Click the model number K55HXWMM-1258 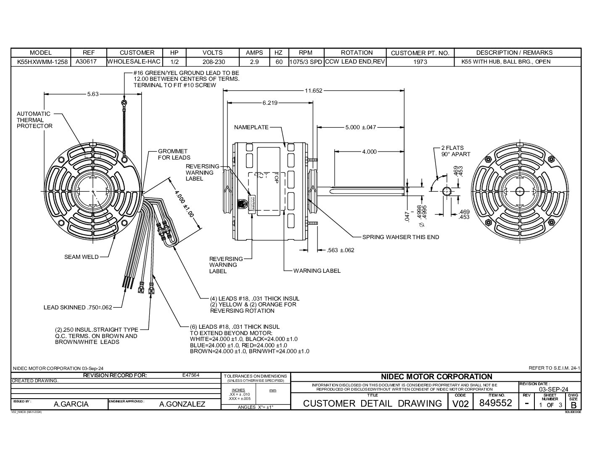(41, 62)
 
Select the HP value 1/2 (174, 62)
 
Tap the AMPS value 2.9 (254, 62)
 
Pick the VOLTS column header (212, 53)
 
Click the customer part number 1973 (420, 62)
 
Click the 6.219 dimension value (270, 103)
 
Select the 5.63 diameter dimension (92, 94)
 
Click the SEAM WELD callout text (81, 257)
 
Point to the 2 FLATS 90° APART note (455, 151)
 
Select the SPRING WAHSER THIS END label (400, 237)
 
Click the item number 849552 (496, 403)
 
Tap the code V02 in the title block (460, 404)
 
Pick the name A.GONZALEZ (182, 404)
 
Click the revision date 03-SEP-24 (553, 389)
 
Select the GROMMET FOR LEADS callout (174, 154)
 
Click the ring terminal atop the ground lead (124, 103)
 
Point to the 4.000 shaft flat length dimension (369, 152)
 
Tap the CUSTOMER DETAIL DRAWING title (372, 403)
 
